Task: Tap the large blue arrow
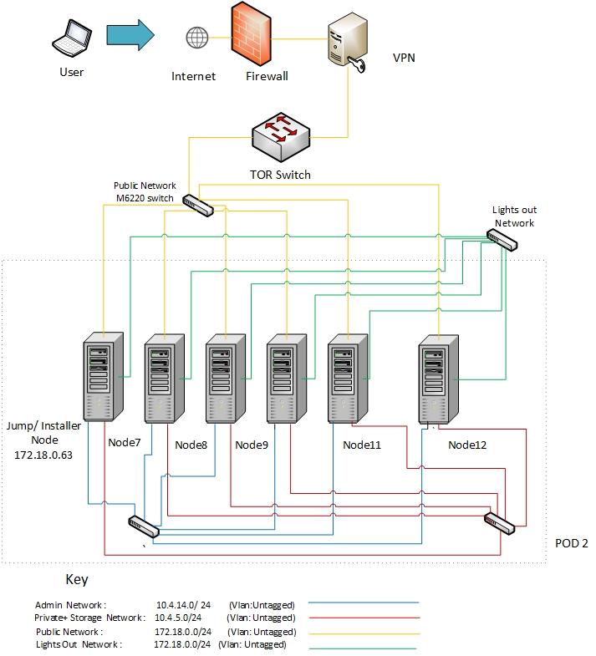point(130,36)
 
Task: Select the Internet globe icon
point(197,38)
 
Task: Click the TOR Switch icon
point(282,139)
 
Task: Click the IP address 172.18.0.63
point(44,455)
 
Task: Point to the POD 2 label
point(572,543)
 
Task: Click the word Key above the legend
point(76,579)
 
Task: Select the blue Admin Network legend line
point(363,603)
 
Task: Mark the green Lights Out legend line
point(363,647)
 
